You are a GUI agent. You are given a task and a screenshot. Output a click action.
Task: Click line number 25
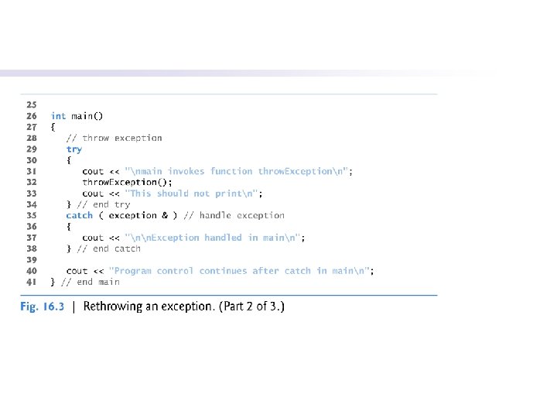point(31,104)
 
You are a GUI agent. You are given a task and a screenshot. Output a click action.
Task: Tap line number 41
point(31,283)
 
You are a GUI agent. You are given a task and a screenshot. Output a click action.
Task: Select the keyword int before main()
point(58,116)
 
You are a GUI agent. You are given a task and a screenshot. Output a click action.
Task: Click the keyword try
point(73,149)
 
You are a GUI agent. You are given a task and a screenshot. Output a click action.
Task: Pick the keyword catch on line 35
point(79,216)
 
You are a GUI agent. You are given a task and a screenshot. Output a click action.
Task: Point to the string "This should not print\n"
point(193,194)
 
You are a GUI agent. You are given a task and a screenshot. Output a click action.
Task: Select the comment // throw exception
point(114,138)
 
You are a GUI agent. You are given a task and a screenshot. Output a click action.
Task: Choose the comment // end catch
point(109,249)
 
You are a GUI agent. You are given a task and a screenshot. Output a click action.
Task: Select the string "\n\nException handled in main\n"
point(214,238)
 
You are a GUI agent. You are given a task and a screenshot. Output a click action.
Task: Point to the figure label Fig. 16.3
point(42,307)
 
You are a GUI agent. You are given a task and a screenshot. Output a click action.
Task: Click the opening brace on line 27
point(53,127)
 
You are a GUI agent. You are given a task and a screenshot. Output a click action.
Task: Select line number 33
point(31,194)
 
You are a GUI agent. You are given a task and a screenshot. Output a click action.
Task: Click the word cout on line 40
point(77,271)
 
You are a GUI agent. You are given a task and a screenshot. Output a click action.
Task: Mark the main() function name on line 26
point(87,116)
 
